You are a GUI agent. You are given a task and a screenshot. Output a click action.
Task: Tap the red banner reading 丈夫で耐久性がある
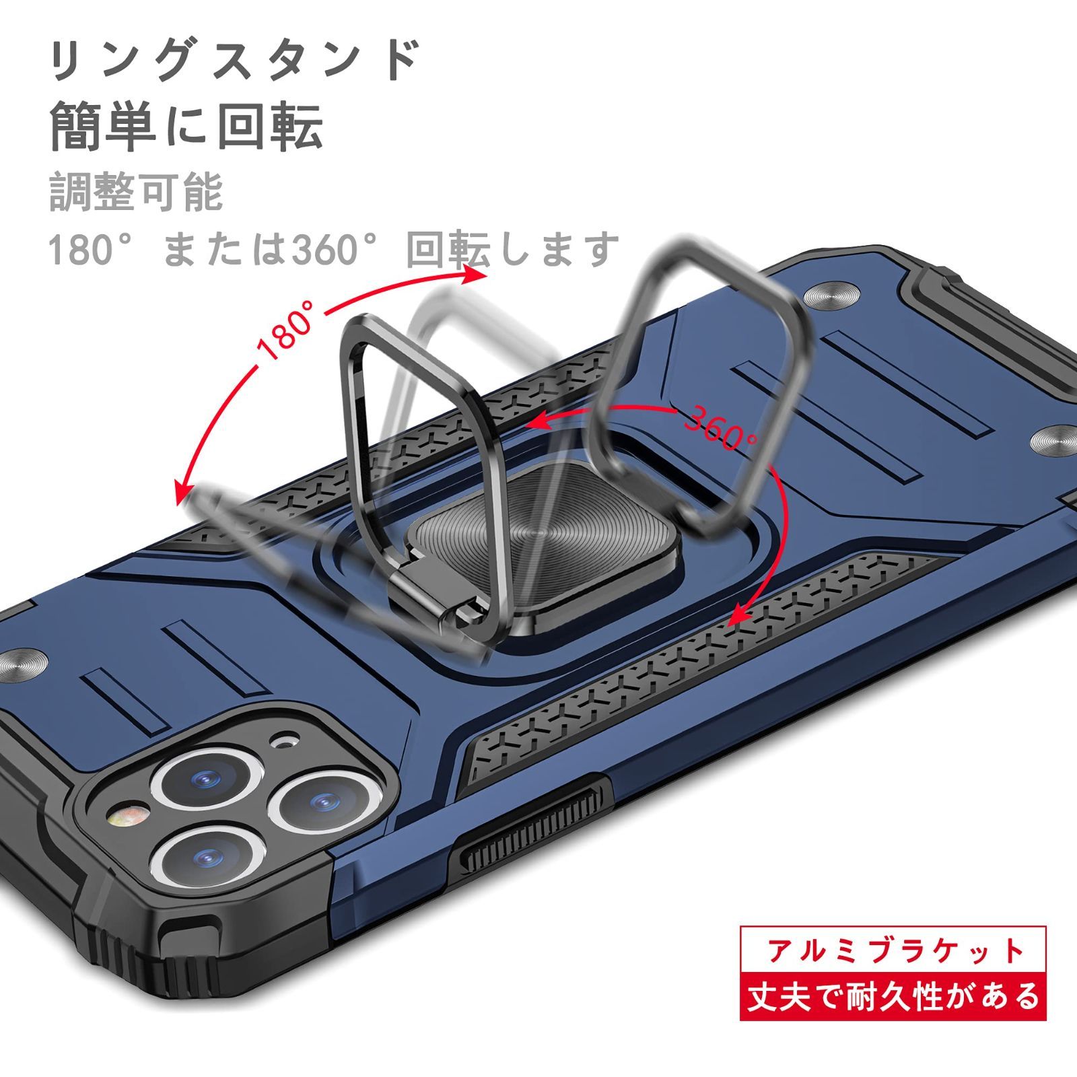(894, 996)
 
